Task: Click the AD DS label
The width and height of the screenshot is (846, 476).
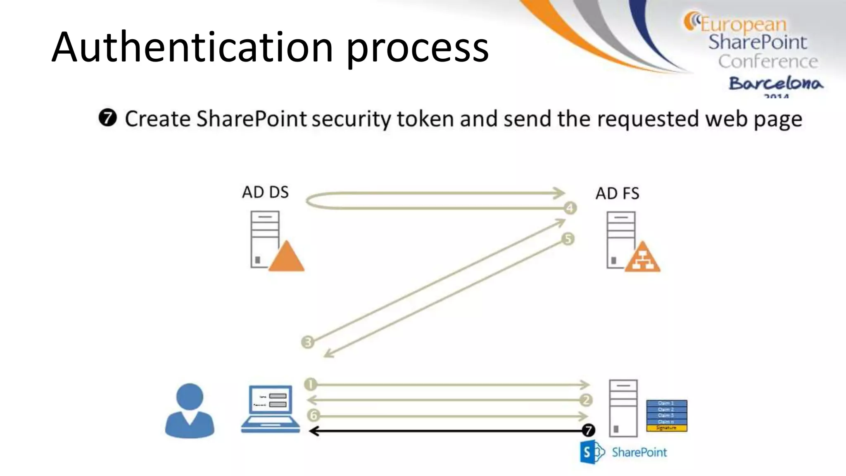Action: (x=265, y=192)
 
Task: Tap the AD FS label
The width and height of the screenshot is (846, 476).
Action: (x=617, y=193)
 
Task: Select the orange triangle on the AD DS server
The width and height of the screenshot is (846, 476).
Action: (x=286, y=258)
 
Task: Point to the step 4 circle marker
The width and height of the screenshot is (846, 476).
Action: (x=570, y=208)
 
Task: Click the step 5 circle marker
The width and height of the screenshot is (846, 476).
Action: (x=568, y=239)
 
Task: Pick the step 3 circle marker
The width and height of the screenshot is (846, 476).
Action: (x=308, y=342)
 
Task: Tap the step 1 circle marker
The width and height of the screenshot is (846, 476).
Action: (x=310, y=384)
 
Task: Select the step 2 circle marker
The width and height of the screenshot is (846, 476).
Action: (x=586, y=400)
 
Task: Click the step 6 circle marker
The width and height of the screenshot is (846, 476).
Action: (x=314, y=415)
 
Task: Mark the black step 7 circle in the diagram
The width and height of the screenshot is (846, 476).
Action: (x=588, y=431)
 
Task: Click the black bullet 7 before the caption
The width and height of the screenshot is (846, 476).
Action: (x=108, y=118)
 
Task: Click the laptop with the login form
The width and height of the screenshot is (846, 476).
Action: (x=271, y=408)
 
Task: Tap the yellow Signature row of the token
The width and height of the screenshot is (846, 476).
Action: (x=666, y=428)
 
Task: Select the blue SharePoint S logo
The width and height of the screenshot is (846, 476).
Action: (x=588, y=452)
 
